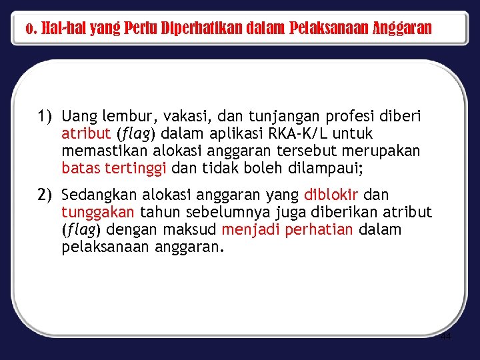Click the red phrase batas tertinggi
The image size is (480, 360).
coord(114,169)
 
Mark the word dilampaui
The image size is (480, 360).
coord(325,168)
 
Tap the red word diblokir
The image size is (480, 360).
coord(331,195)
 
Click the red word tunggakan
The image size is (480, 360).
coord(98,213)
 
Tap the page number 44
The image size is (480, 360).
coord(445,337)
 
